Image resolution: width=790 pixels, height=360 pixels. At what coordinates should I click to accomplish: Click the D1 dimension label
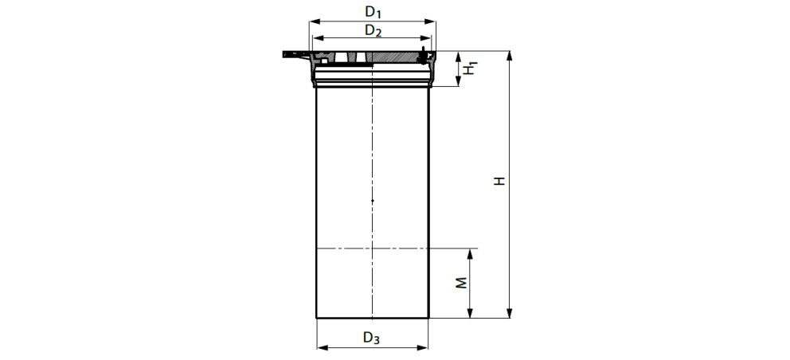[373, 12]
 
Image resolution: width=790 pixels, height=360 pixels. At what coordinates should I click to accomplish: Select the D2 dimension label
[373, 31]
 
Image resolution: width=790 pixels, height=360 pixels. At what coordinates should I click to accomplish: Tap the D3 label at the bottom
[372, 337]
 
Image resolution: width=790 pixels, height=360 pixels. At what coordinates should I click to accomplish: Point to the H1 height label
[471, 68]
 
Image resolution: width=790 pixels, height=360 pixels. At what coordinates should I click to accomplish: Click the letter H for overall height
[499, 182]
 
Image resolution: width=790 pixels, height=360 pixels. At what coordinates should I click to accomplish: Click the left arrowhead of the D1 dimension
[311, 22]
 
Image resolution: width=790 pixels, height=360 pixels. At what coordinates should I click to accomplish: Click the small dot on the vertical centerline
[372, 200]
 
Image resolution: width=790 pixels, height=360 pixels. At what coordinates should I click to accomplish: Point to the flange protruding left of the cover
[293, 55]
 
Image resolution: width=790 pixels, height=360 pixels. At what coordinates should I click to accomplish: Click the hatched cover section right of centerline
[394, 58]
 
